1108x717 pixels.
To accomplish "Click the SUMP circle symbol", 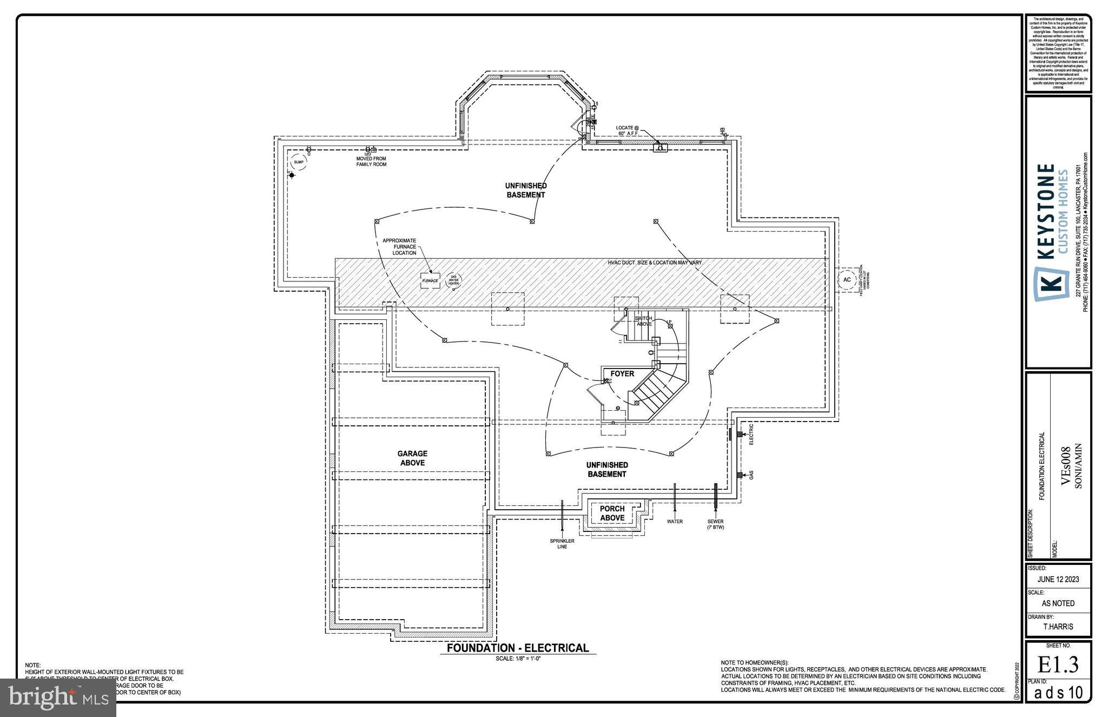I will tap(298, 162).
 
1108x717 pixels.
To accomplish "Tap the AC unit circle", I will tap(847, 280).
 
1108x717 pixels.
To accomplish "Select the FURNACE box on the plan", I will tap(430, 280).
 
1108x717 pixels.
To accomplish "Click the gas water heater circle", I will tap(453, 280).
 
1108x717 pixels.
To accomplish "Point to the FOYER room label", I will tap(622, 373).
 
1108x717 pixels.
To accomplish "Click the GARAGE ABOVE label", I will tap(412, 458).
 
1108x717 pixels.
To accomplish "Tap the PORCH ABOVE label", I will tap(612, 513).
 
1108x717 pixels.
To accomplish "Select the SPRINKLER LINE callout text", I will tap(563, 543).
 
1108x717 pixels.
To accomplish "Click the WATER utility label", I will tap(675, 522).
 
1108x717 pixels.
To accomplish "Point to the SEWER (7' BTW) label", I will tap(715, 524).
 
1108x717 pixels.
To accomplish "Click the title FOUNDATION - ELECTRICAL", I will tap(517, 648).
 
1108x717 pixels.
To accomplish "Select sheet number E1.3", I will tap(1058, 665).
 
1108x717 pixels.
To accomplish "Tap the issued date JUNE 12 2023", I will tap(1058, 579).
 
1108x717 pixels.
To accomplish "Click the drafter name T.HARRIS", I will tap(1058, 627).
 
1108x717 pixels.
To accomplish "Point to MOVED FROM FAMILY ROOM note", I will tap(371, 161).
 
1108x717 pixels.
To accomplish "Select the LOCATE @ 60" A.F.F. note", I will tap(628, 130).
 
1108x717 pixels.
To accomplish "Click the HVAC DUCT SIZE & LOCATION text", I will tap(655, 262).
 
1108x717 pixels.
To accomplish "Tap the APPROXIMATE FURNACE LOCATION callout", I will tap(399, 247).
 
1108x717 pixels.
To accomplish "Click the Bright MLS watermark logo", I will tap(58, 698).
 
